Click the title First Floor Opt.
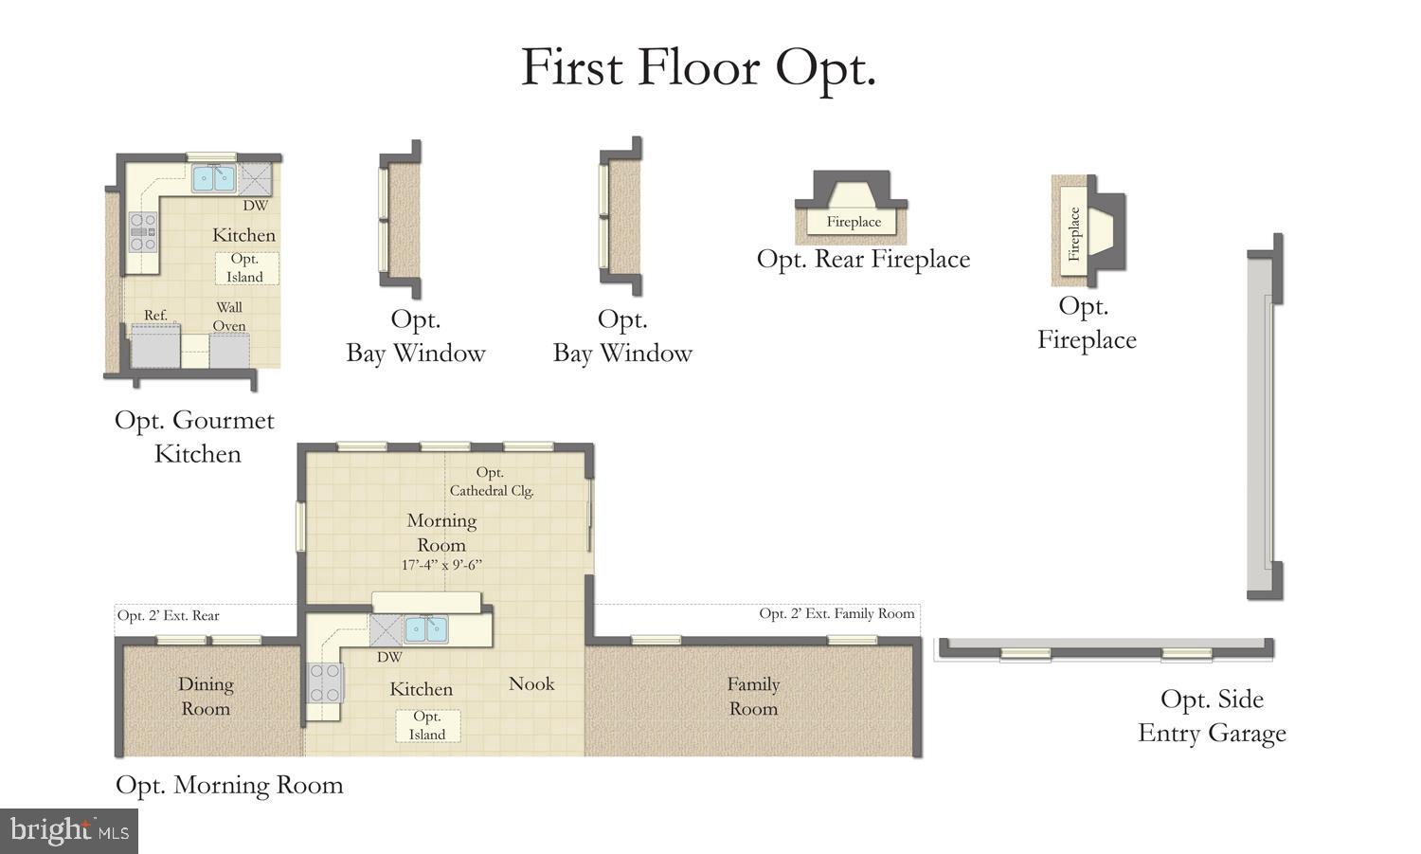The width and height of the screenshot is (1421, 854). tap(698, 68)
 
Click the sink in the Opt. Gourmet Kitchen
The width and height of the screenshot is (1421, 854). tap(214, 178)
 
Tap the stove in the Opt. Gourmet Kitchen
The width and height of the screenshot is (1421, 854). tap(143, 231)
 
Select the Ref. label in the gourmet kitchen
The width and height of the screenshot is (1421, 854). tap(155, 315)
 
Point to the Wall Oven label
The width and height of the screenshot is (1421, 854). tap(229, 317)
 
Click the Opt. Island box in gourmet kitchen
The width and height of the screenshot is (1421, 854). tap(245, 268)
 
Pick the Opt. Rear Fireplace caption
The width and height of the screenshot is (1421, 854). tap(863, 260)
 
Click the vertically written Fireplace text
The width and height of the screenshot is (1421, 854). tap(1074, 234)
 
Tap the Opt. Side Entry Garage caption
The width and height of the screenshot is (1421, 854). tap(1212, 717)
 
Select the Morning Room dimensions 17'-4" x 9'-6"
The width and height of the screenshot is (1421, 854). tap(442, 565)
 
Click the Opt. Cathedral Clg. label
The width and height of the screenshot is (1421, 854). tap(491, 482)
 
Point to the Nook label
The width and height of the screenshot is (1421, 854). tap(531, 683)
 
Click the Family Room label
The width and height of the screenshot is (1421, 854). tap(753, 696)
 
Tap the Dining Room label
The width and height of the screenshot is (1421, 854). tap(206, 696)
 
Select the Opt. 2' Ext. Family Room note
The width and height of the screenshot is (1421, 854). tap(836, 613)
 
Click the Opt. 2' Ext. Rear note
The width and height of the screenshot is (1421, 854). tap(169, 616)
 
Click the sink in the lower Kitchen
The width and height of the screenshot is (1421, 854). tap(425, 628)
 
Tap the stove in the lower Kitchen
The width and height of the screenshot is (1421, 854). tap(324, 682)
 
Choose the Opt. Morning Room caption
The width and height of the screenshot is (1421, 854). tap(229, 785)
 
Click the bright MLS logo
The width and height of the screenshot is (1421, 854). tap(69, 831)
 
